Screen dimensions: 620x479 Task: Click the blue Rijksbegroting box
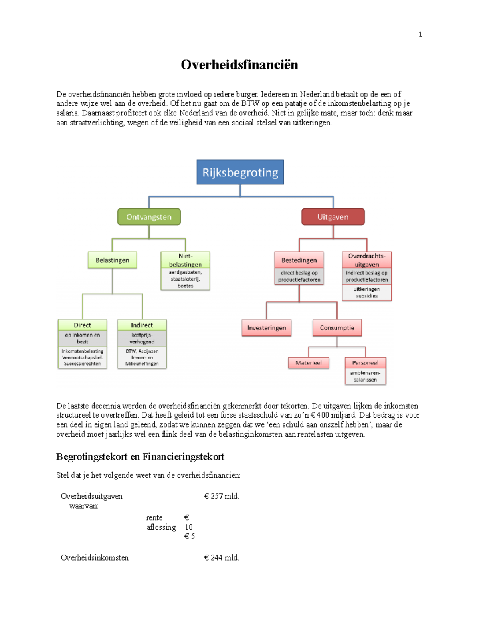tap(240, 172)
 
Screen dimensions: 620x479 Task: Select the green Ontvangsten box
tap(149, 217)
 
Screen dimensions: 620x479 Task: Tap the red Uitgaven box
tap(333, 217)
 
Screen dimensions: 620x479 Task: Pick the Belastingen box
tap(112, 260)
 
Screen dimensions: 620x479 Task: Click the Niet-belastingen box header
tap(185, 260)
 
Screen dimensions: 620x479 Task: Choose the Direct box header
tap(82, 325)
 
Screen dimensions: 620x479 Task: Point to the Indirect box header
tap(142, 325)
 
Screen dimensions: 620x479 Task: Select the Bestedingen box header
tap(299, 260)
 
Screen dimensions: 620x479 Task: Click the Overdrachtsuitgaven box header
tap(366, 260)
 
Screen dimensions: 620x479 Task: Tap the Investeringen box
tap(266, 328)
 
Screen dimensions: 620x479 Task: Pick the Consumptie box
tap(337, 328)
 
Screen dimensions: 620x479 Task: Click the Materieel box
tap(308, 363)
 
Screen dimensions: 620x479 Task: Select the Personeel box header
tap(365, 363)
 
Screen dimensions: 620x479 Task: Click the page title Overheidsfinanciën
tap(239, 65)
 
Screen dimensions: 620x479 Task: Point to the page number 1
tap(420, 34)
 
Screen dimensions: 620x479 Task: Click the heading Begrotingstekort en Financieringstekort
tap(140, 457)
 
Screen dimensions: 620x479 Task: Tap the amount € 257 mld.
tap(222, 496)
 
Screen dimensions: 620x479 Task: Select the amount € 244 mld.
tap(222, 558)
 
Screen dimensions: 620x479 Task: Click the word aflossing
tap(161, 527)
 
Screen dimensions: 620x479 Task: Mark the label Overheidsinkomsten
tap(95, 558)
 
